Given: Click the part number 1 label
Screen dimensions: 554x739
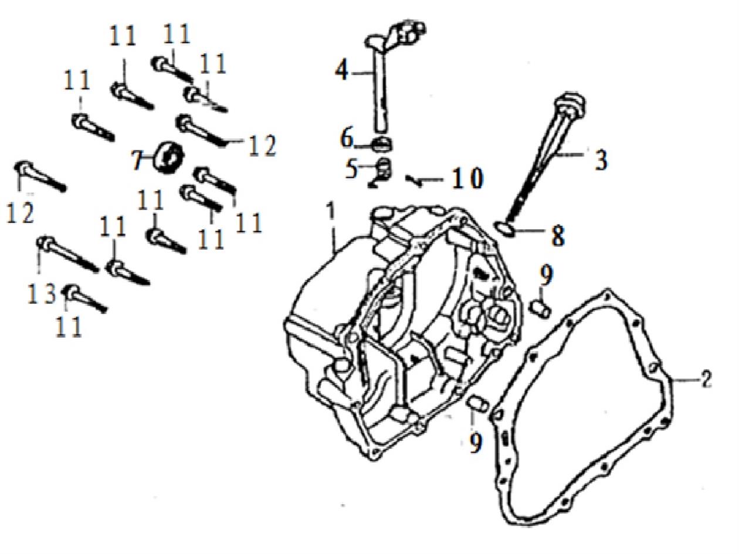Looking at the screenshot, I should [x=331, y=213].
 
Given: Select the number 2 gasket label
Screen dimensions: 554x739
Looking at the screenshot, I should [x=706, y=379].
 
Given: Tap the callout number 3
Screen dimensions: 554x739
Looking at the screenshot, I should [x=601, y=160].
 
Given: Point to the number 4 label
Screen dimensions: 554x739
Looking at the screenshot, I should [x=341, y=71].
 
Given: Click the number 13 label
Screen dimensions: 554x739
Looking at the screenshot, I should [x=43, y=293].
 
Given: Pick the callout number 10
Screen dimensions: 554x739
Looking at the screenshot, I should [x=467, y=179].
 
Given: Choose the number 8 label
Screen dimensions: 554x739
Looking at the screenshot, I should [x=557, y=236].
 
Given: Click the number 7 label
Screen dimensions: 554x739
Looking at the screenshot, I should [x=137, y=159].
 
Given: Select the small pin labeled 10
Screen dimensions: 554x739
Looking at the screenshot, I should [x=415, y=181].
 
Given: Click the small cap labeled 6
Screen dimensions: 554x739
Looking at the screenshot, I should [x=384, y=142].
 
